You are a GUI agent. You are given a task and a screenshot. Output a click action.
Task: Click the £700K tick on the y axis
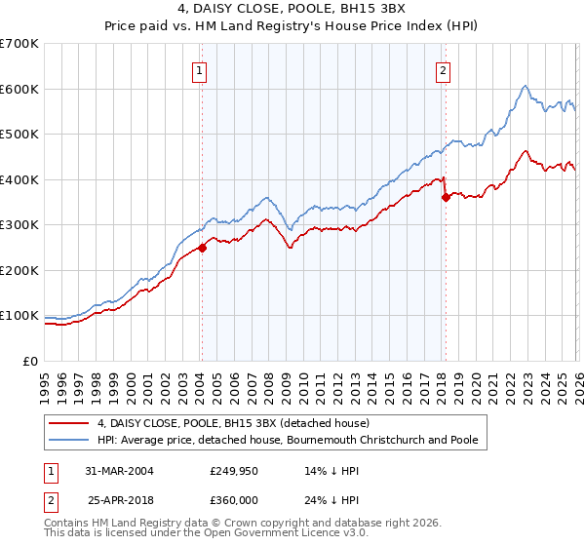pyautogui.click(x=19, y=44)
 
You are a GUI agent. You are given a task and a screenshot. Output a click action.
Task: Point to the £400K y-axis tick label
pyautogui.click(x=19, y=179)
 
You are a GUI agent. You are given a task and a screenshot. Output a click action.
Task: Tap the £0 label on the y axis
pyautogui.click(x=29, y=361)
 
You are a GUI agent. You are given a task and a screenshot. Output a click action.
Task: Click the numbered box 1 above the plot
pyautogui.click(x=199, y=69)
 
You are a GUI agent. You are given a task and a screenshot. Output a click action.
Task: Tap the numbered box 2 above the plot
pyautogui.click(x=443, y=69)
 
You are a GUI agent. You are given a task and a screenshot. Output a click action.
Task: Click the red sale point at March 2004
pyautogui.click(x=203, y=248)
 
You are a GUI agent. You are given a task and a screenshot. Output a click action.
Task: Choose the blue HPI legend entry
pyautogui.click(x=288, y=441)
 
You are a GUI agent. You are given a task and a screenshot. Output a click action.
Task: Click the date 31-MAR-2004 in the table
pyautogui.click(x=120, y=470)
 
